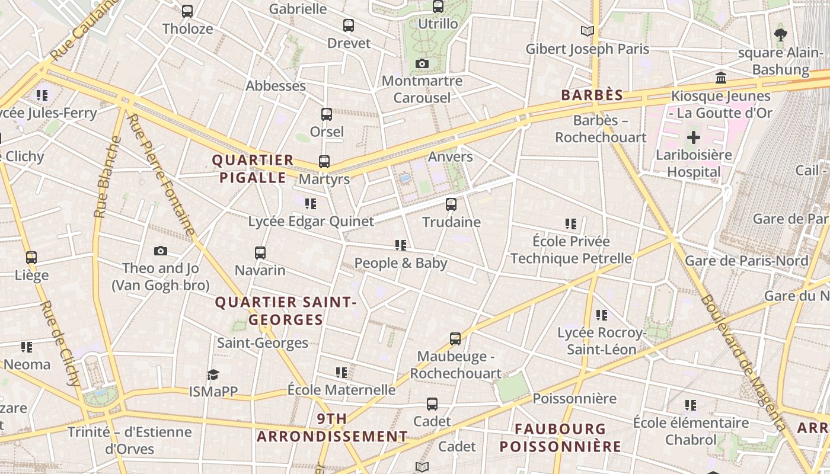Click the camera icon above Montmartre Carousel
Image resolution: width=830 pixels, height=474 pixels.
[x=422, y=63]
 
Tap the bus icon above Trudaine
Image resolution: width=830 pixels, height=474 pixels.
[x=451, y=204]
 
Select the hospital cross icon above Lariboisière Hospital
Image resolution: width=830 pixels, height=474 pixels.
[x=693, y=138]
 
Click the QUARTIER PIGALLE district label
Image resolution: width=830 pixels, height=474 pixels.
[x=253, y=169]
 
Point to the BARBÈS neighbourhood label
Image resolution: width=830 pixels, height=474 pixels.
[x=592, y=95]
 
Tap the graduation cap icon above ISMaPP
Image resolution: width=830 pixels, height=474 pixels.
[x=213, y=374]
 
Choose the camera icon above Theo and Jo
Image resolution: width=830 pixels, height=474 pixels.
[x=161, y=251]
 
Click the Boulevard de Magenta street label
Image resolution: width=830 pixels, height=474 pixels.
[x=744, y=361]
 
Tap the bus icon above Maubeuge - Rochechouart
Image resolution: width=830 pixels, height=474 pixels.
[x=455, y=339]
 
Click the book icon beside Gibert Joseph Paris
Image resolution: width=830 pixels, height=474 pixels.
[x=588, y=31]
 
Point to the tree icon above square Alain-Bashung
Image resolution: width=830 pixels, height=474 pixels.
[x=781, y=35]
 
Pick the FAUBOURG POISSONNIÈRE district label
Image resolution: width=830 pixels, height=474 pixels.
[x=560, y=437]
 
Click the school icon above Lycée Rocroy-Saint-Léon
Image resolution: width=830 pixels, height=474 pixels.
[x=602, y=315]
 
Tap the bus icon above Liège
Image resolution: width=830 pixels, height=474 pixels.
[x=31, y=258]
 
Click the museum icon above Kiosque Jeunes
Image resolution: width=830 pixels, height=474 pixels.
[x=721, y=78]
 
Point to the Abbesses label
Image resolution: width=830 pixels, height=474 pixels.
[x=276, y=86]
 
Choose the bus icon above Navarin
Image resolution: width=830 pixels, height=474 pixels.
[x=260, y=253]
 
